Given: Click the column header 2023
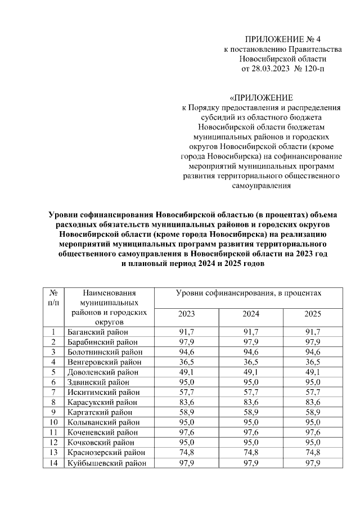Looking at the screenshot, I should pyautogui.click(x=187, y=313).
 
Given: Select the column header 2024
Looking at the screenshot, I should pyautogui.click(x=250, y=313).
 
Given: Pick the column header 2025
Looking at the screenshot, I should pyautogui.click(x=313, y=313).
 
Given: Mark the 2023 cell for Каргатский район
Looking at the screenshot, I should pyautogui.click(x=187, y=413).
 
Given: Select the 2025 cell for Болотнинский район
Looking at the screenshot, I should pyautogui.click(x=313, y=352).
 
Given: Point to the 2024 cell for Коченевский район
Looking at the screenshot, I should pyautogui.click(x=250, y=433).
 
